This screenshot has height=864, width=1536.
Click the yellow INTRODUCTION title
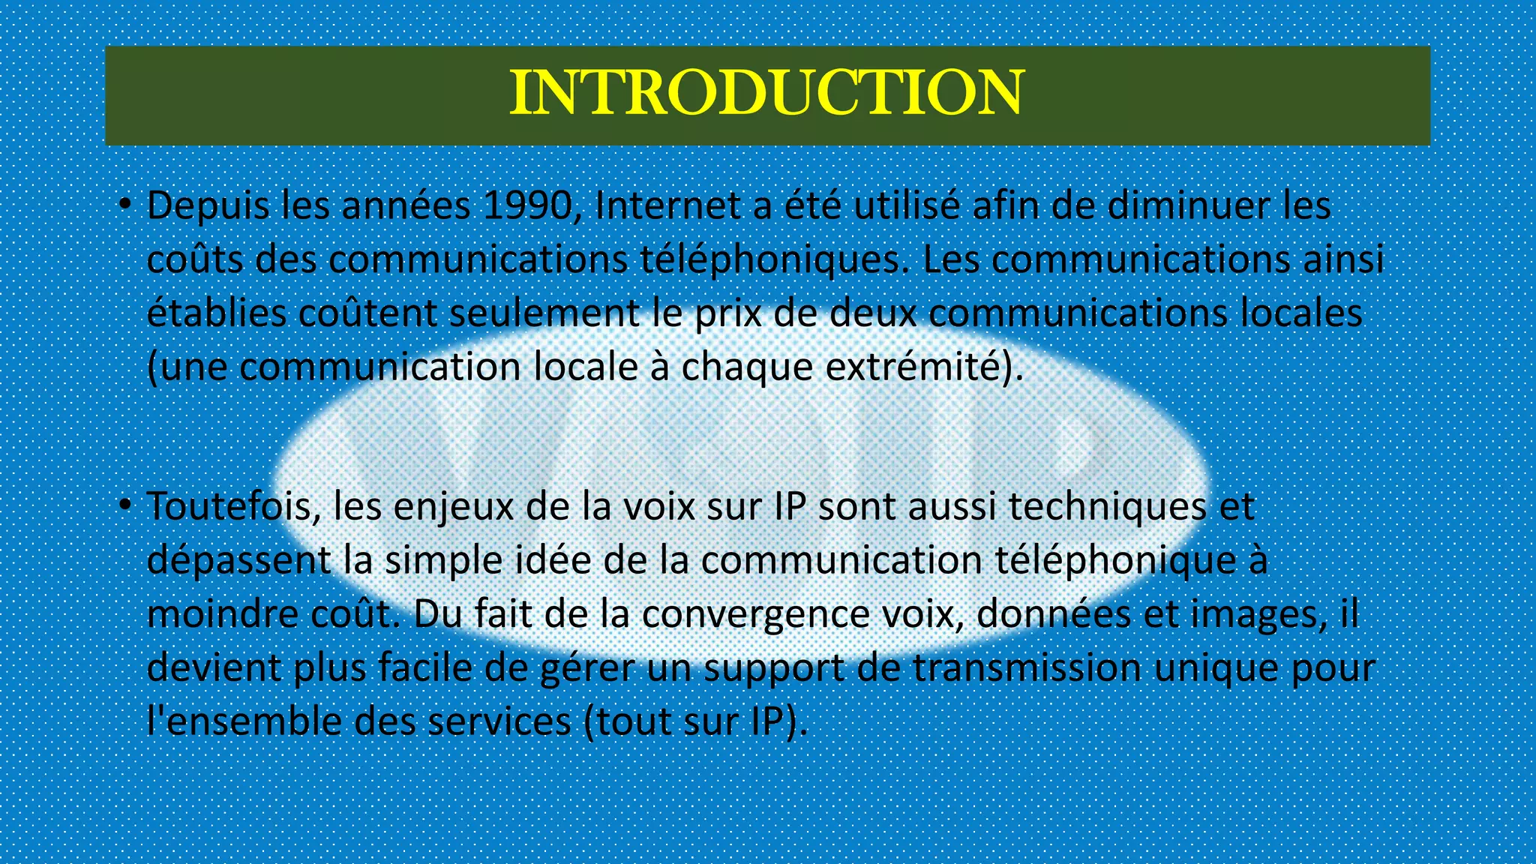(766, 93)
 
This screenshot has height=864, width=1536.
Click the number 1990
(531, 206)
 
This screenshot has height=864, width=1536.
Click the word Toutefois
(233, 507)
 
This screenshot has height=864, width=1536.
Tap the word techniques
(1107, 507)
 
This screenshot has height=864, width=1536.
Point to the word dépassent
(238, 562)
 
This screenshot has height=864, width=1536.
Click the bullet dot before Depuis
(125, 204)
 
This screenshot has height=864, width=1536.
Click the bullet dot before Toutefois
(125, 505)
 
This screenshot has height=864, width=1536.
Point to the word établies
(216, 313)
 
